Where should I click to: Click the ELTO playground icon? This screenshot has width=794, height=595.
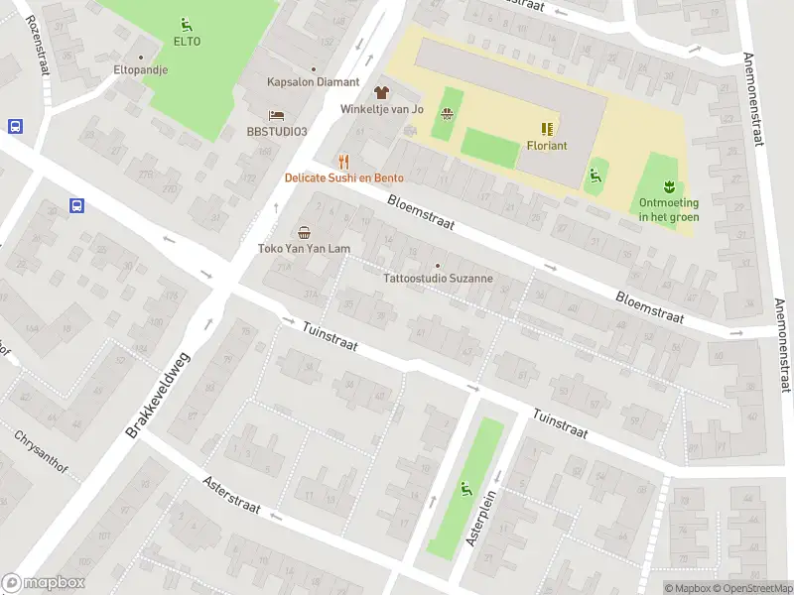tap(187, 24)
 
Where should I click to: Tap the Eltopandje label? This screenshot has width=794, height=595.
tap(140, 70)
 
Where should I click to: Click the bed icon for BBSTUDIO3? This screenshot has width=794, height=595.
tap(277, 114)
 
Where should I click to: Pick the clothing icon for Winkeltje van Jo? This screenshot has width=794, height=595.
tap(382, 91)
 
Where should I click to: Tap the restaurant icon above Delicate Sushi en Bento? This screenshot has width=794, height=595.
tap(344, 161)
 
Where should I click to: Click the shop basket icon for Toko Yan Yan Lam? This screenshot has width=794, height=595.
tap(303, 232)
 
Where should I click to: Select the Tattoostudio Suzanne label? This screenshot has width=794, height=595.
tap(438, 279)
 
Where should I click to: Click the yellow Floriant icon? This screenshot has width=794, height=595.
tap(546, 128)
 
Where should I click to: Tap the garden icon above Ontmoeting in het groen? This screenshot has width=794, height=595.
tap(668, 185)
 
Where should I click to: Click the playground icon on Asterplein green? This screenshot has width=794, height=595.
tap(465, 488)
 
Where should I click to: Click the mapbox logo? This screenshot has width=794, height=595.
tap(44, 583)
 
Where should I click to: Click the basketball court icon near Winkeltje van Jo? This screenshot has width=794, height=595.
tap(448, 114)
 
